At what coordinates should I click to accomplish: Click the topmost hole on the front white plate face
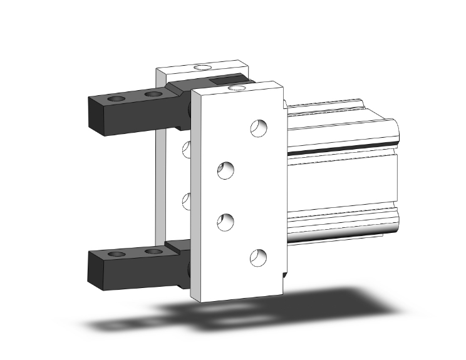coord(258,128)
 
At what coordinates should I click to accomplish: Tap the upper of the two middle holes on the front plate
coord(225,170)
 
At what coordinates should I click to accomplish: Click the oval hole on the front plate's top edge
coord(237,88)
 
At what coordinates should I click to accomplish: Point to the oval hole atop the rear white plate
coord(202,66)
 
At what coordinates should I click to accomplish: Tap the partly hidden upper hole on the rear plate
coord(187,149)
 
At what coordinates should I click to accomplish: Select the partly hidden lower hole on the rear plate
coord(187,201)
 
